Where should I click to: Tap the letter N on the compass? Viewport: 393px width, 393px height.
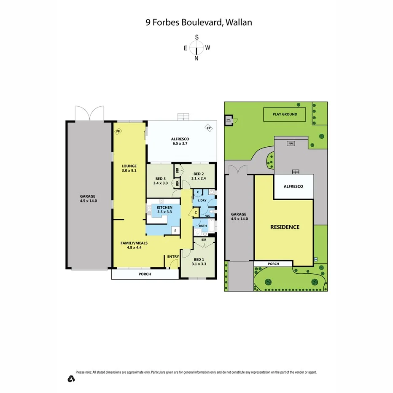tap(196, 59)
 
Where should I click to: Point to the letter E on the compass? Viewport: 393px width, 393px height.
tap(185, 48)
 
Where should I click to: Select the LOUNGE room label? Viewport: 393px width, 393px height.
tap(129, 166)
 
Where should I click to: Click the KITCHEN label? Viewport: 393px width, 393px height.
tap(164, 208)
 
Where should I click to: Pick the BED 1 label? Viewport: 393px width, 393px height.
tap(198, 260)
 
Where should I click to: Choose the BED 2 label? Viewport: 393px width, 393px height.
tap(199, 174)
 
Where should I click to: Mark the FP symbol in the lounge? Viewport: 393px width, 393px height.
tap(118, 131)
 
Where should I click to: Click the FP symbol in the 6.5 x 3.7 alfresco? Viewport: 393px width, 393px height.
tap(208, 128)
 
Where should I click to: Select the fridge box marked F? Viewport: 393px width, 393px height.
tap(175, 231)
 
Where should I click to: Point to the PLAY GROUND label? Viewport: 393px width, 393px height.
tap(285, 114)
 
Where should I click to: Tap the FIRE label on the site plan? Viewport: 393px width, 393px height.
tap(291, 144)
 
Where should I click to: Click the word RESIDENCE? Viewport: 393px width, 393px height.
tap(285, 227)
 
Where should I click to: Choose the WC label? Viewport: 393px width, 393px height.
tap(207, 216)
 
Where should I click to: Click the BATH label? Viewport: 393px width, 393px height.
tap(203, 226)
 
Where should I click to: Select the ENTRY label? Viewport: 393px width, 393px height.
tap(173, 256)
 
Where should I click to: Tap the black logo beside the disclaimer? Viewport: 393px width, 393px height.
tap(71, 378)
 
